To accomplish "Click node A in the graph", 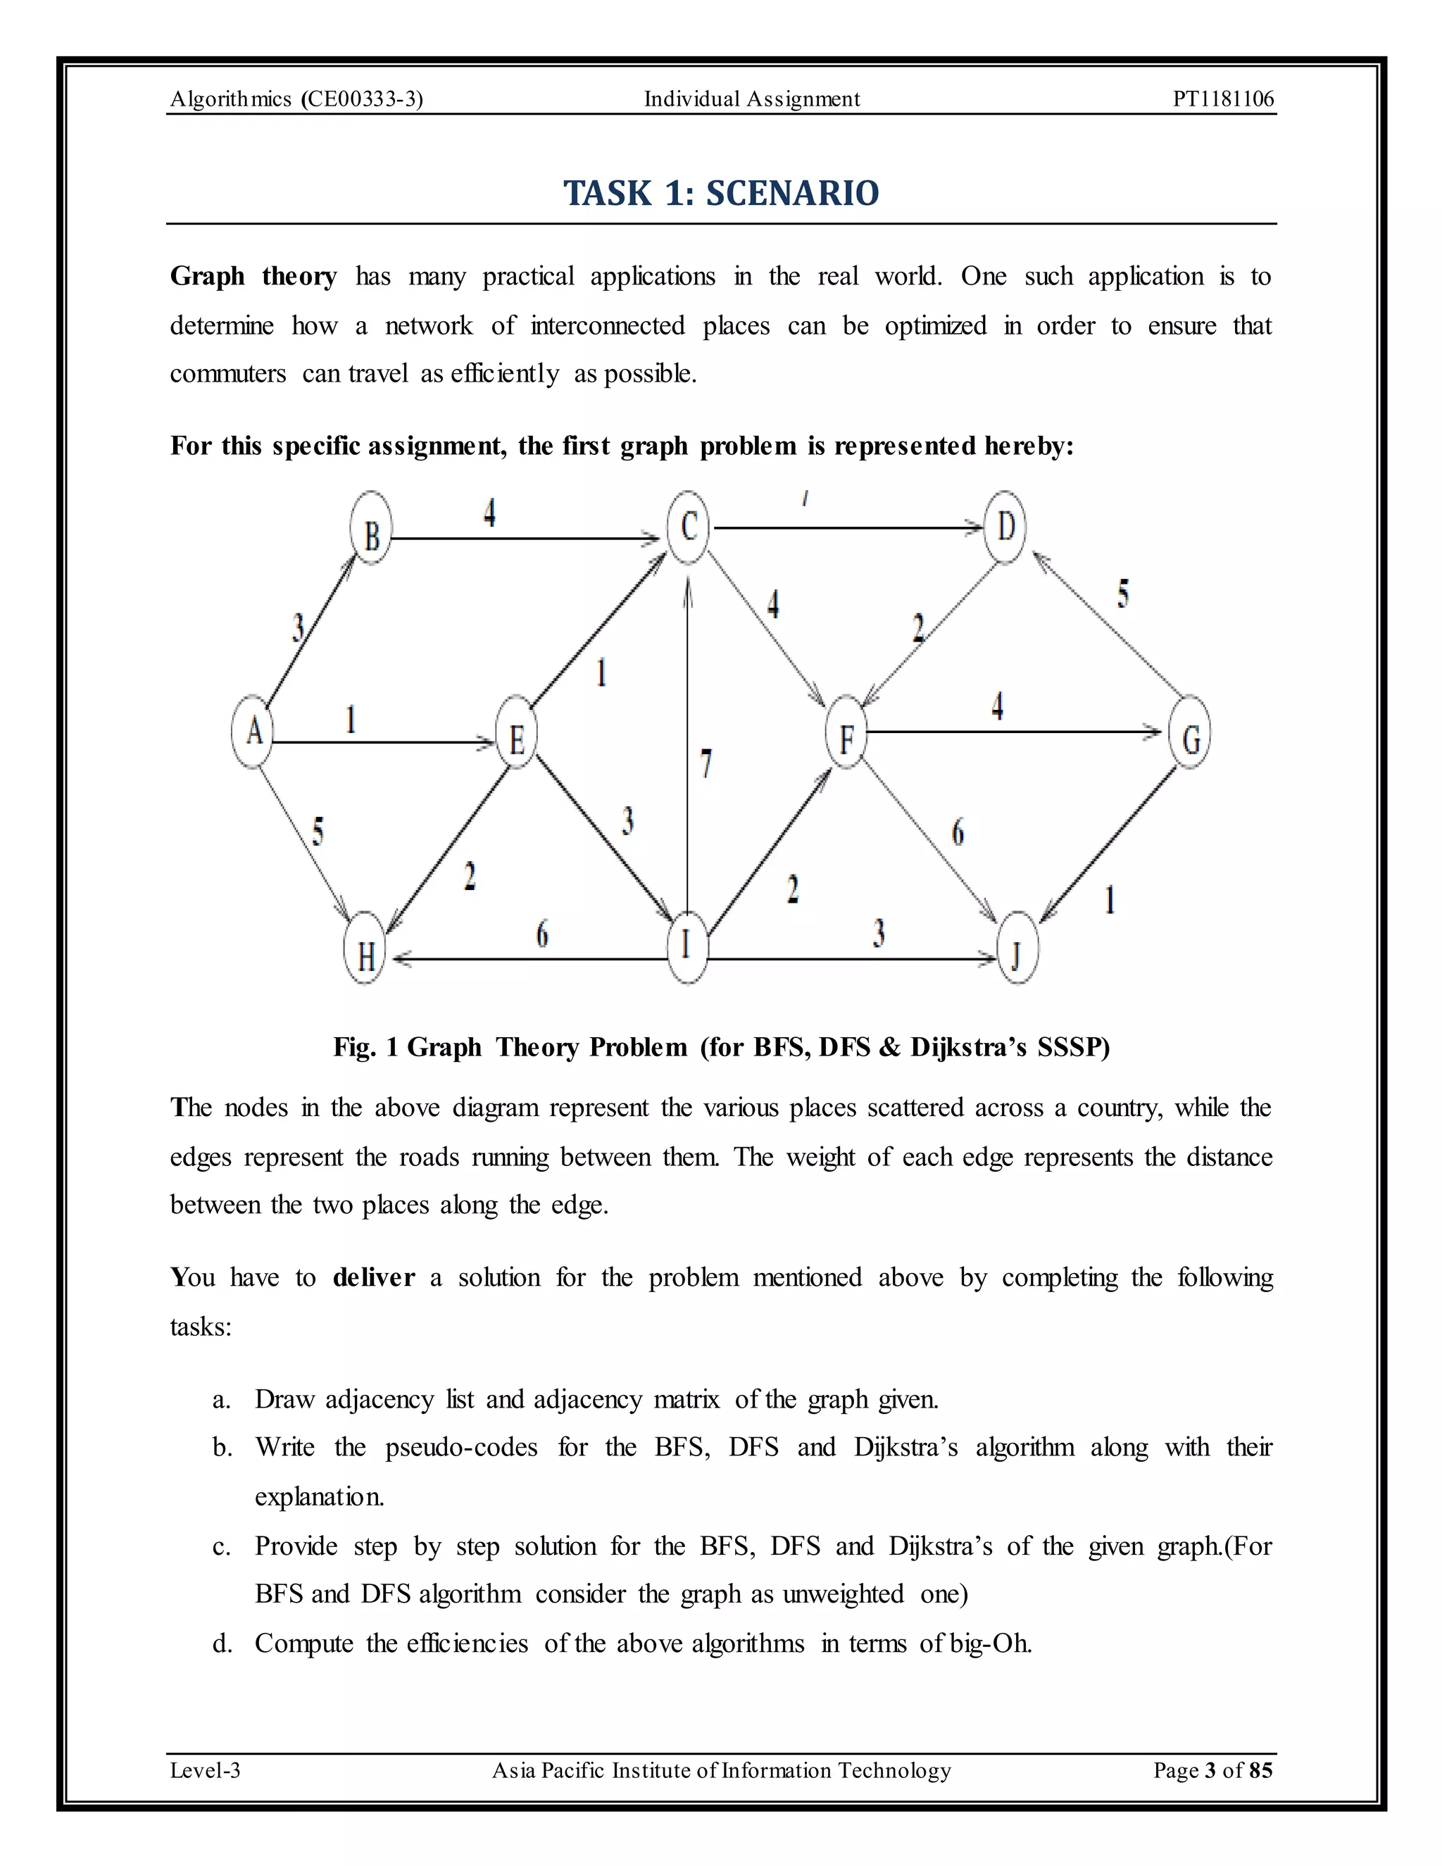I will (253, 732).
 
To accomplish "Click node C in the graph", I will (689, 527).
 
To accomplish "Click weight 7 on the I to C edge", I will (706, 763).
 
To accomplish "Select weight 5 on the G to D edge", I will (1122, 593).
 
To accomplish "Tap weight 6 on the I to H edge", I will (541, 934).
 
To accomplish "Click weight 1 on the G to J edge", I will (1110, 900).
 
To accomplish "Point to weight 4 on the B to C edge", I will (489, 513).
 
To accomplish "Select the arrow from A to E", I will (384, 742).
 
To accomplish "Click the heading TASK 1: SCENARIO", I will (721, 193).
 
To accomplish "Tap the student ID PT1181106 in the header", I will (1222, 99).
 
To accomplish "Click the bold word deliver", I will (373, 1277).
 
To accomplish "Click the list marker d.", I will (222, 1644).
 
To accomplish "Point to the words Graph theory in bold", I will (253, 277).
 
